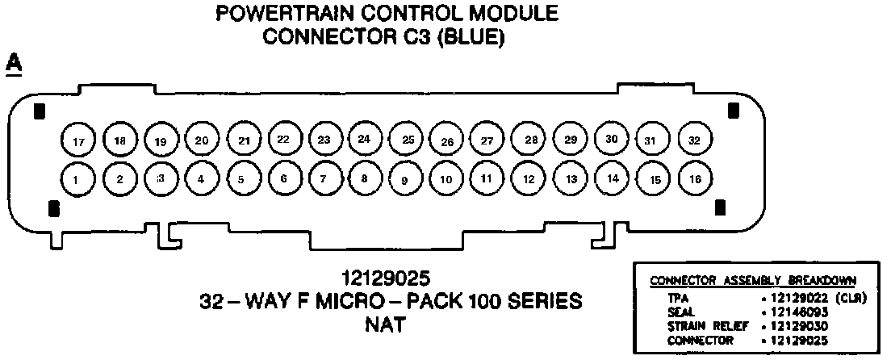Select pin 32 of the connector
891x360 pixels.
pos(694,140)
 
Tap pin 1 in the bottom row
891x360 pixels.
pos(75,179)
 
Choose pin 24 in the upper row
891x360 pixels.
pos(365,139)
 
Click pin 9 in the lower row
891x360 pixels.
pos(405,180)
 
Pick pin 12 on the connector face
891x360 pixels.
pos(529,179)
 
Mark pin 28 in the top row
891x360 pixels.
pos(531,140)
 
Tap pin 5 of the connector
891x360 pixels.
pos(241,179)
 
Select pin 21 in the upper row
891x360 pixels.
pos(243,140)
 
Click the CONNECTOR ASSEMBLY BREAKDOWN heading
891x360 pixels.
pos(753,281)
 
